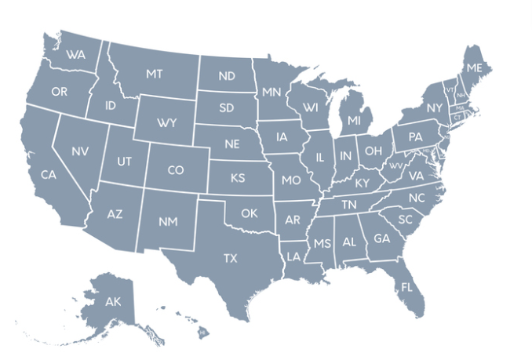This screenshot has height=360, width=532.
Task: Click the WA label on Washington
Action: (x=76, y=55)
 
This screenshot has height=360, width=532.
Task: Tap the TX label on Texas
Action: (x=230, y=257)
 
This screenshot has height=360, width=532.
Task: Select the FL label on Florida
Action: (x=406, y=286)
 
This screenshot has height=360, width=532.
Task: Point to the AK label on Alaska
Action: (x=112, y=301)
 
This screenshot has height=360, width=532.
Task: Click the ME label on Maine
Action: (x=474, y=68)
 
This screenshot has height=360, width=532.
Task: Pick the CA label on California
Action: (x=48, y=174)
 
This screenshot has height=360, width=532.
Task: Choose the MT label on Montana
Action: (x=154, y=74)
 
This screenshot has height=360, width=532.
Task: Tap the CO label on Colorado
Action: (x=176, y=169)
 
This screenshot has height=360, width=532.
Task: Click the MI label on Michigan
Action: (x=355, y=120)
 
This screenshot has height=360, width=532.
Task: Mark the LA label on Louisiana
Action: (x=293, y=256)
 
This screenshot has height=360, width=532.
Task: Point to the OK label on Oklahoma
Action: (x=249, y=213)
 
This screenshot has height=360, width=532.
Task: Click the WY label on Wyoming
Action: (x=166, y=123)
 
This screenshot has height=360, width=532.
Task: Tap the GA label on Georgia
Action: (x=381, y=238)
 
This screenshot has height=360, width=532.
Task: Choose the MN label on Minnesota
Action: (x=271, y=93)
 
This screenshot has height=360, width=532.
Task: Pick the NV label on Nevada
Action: (x=79, y=151)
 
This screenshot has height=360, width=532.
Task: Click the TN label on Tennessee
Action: (x=348, y=204)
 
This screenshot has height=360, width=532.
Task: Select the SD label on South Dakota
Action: (x=227, y=107)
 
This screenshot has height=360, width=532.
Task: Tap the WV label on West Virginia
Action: (x=395, y=167)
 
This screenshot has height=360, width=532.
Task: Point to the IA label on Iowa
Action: (x=282, y=137)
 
